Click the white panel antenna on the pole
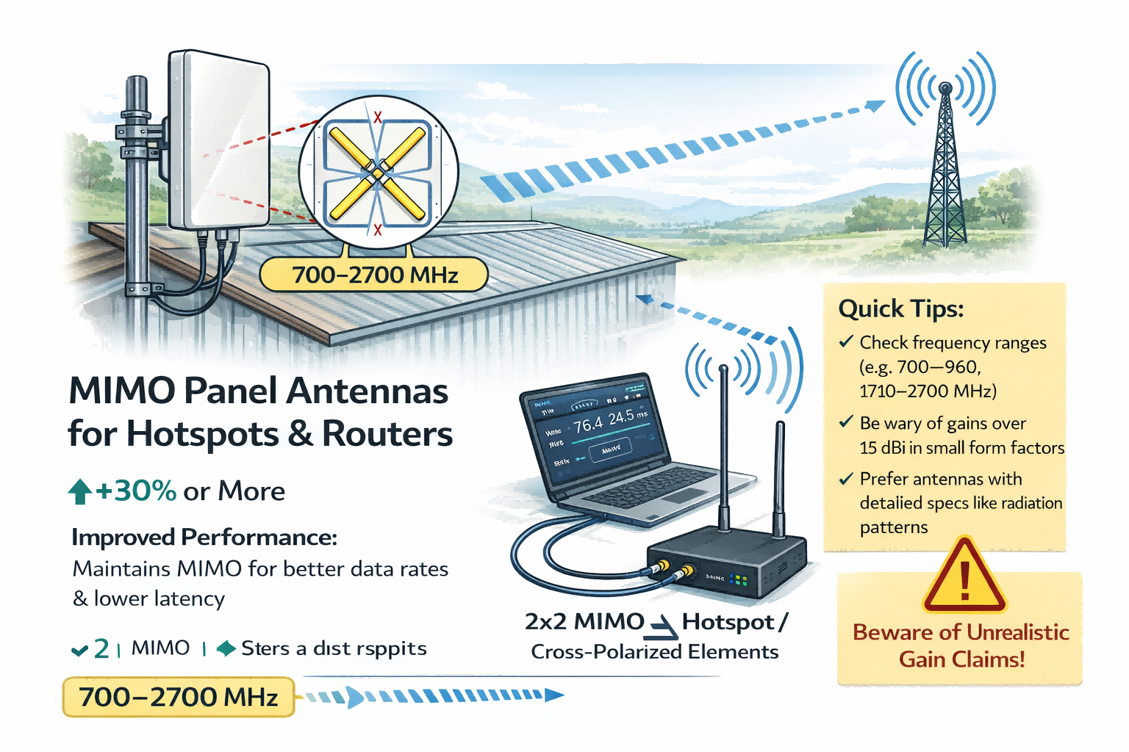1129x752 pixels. click(x=219, y=140)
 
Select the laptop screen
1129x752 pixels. click(x=595, y=430)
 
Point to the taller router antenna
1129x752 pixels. click(x=724, y=448)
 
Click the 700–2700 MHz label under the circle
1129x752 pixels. click(x=374, y=275)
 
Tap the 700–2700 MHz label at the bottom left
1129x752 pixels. click(x=178, y=696)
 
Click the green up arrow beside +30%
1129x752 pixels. click(x=79, y=491)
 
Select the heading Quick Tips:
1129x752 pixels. click(x=900, y=308)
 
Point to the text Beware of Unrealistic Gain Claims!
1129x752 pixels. click(x=961, y=646)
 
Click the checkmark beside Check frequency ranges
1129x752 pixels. click(x=846, y=341)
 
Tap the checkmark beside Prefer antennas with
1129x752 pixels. click(x=846, y=479)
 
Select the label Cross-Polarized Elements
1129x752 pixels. click(x=654, y=652)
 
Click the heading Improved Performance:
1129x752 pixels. click(x=204, y=538)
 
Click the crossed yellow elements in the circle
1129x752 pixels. click(x=377, y=174)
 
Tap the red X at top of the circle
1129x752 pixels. click(x=378, y=117)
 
